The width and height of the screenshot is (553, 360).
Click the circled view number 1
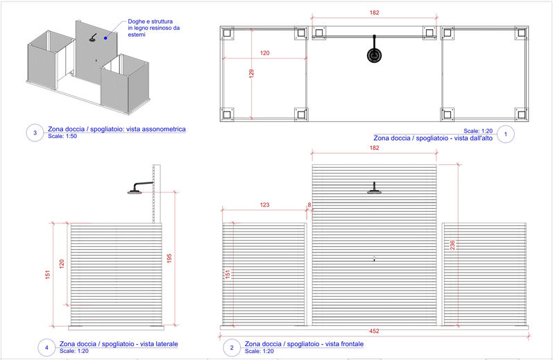click(505, 134)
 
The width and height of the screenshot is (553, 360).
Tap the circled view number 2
click(230, 348)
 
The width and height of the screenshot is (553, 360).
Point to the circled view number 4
click(46, 348)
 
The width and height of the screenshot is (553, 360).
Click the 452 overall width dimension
click(374, 331)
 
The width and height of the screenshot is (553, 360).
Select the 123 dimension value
click(264, 205)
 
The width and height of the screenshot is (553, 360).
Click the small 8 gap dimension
click(309, 205)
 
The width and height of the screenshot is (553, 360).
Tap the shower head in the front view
click(374, 189)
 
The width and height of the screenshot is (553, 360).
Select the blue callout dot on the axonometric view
click(105, 37)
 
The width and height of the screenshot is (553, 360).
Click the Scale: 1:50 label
click(62, 136)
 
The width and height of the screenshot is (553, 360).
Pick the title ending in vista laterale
click(119, 344)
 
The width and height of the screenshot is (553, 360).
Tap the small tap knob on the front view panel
click(374, 259)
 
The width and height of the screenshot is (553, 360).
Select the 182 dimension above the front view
click(374, 148)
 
